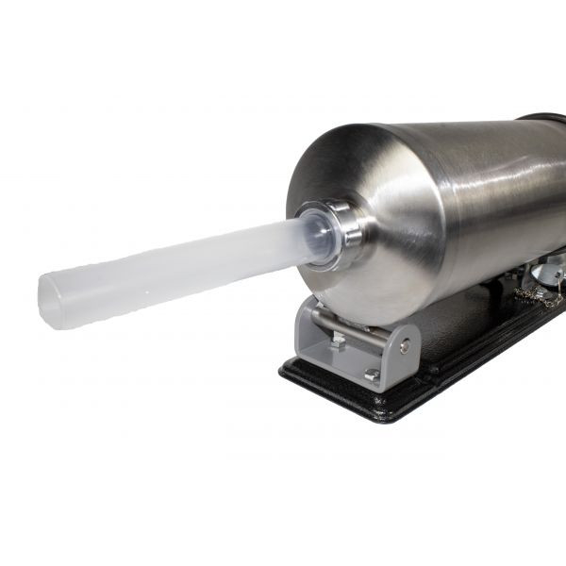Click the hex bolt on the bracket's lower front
(x=372, y=375)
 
